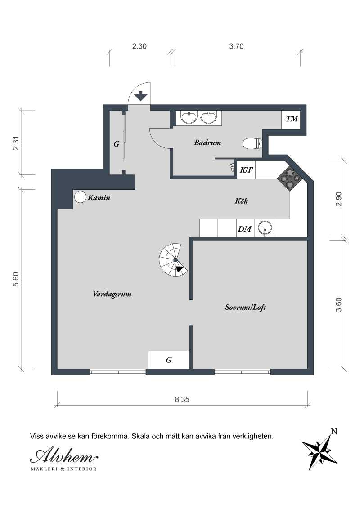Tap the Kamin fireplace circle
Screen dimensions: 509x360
(x=80, y=196)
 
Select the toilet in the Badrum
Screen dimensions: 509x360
(x=252, y=144)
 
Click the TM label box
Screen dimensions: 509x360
(x=292, y=119)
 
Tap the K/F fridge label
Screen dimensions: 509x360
(x=246, y=170)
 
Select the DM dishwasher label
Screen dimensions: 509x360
(x=244, y=229)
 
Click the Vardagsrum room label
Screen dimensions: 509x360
(x=112, y=295)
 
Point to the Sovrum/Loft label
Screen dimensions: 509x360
(x=246, y=308)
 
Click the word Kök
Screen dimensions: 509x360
(x=241, y=201)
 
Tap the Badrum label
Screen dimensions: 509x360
(x=207, y=143)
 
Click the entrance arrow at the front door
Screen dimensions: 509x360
(x=141, y=96)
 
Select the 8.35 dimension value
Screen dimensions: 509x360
(x=182, y=399)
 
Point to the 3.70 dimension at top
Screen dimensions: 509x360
(x=236, y=46)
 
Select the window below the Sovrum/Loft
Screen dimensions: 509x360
(x=243, y=372)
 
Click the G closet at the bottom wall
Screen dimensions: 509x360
(x=168, y=360)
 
